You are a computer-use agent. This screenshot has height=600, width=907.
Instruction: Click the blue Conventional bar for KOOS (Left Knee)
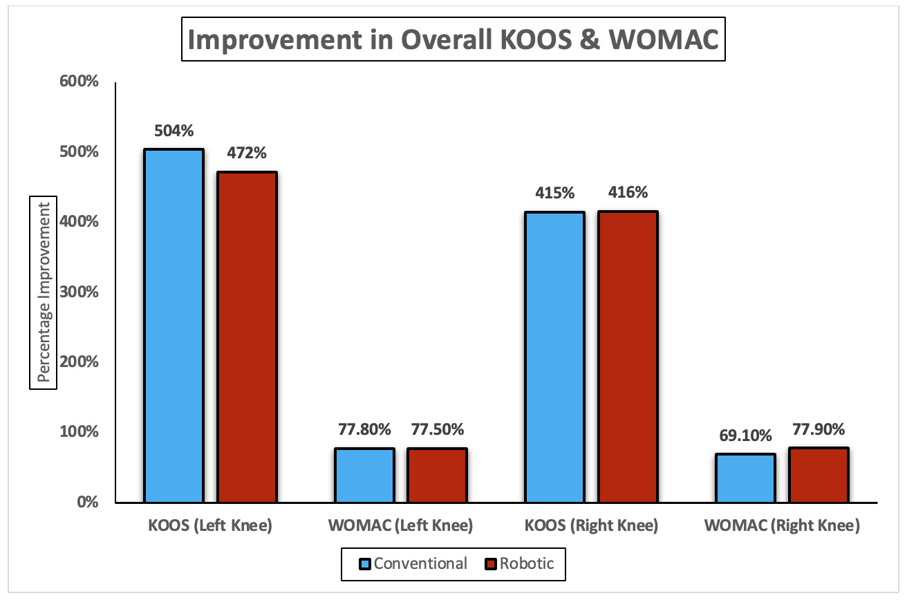(174, 326)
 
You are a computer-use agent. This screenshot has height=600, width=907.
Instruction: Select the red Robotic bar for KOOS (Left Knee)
(247, 337)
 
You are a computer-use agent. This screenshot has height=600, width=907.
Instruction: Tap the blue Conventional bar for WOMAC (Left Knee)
(364, 476)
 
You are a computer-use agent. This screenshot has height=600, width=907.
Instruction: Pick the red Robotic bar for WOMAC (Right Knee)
(819, 475)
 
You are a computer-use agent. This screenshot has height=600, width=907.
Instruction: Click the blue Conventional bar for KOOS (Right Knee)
(555, 357)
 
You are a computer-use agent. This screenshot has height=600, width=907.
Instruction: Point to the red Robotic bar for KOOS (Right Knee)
(628, 357)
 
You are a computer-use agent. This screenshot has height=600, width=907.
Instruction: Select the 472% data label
(247, 153)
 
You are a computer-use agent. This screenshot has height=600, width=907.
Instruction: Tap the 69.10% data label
(745, 435)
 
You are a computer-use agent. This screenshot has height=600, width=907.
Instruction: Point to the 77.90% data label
(819, 429)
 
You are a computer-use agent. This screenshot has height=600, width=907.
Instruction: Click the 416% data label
(628, 193)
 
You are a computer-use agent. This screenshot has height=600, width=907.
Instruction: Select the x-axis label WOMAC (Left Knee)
(401, 526)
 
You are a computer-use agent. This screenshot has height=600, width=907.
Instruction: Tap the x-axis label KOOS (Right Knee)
(592, 526)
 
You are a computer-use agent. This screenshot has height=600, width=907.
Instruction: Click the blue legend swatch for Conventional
(366, 564)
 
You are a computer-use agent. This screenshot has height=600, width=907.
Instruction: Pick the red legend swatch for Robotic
(492, 564)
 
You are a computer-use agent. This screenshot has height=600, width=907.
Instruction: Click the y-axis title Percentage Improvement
(43, 292)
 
